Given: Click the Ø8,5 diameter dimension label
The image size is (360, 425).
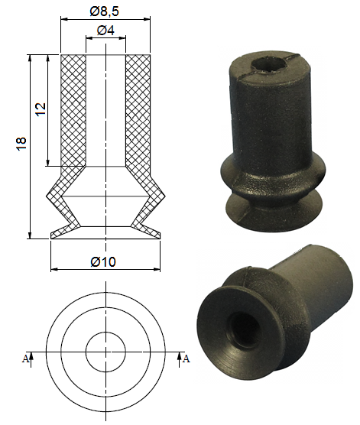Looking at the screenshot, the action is pyautogui.click(x=105, y=11).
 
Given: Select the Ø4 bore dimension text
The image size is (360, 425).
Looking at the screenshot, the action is pyautogui.click(x=105, y=31).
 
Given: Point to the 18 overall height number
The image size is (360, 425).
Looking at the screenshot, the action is pyautogui.click(x=21, y=144).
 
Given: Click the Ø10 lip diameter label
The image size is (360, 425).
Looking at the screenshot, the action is pyautogui.click(x=103, y=262).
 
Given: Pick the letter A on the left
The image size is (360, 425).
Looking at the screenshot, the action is pyautogui.click(x=25, y=358).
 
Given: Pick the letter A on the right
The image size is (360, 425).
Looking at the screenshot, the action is pyautogui.click(x=186, y=358).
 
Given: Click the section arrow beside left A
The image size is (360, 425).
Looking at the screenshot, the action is pyautogui.click(x=31, y=360).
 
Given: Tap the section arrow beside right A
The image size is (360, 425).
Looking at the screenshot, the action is pyautogui.click(x=179, y=360).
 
